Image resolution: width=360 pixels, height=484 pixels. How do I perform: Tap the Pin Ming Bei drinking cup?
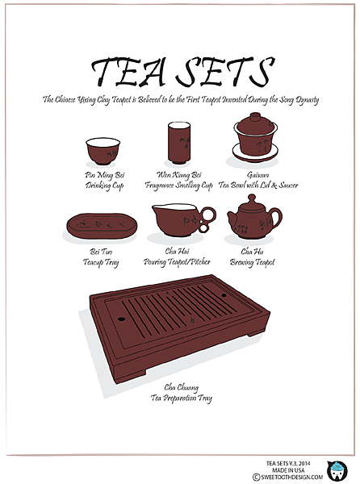(103, 152)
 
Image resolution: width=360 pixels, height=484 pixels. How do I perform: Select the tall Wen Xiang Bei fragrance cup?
(179, 143)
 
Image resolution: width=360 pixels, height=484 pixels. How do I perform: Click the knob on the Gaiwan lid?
(255, 117)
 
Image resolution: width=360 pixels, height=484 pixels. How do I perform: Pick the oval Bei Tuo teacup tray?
(102, 226)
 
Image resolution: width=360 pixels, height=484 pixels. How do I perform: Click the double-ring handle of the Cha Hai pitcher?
(207, 219)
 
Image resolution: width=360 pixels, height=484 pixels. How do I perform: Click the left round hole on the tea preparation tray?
(121, 319)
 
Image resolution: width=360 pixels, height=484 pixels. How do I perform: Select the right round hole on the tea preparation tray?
(224, 295)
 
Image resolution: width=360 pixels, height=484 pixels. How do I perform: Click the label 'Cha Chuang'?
(182, 387)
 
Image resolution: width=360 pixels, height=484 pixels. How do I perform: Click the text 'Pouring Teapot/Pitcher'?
(177, 262)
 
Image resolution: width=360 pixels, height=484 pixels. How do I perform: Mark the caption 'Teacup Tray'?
(101, 262)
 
